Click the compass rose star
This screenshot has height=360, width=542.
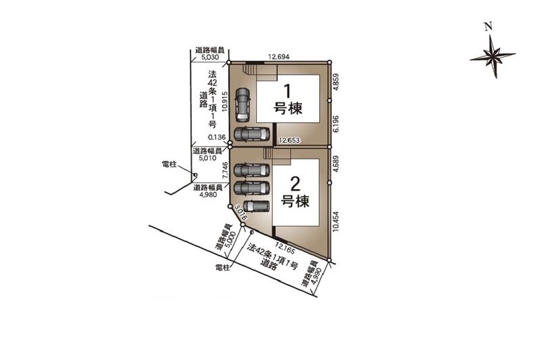(493, 56)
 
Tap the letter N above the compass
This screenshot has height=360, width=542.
(488, 26)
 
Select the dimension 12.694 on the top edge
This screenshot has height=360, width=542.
(279, 57)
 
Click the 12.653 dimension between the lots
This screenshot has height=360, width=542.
(289, 140)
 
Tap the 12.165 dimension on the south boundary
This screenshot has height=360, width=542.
(285, 247)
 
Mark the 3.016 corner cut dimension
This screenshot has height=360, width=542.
(241, 212)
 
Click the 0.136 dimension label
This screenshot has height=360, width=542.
(217, 138)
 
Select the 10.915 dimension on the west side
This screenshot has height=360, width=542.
(225, 101)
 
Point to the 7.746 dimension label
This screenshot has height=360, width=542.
(225, 170)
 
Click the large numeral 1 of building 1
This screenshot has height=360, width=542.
(287, 92)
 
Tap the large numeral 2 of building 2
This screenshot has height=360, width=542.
(295, 184)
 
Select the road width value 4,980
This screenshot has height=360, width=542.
(208, 195)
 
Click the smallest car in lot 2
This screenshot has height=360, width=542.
(256, 207)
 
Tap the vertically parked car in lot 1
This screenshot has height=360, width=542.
(243, 105)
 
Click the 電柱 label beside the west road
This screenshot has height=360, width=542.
(169, 164)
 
